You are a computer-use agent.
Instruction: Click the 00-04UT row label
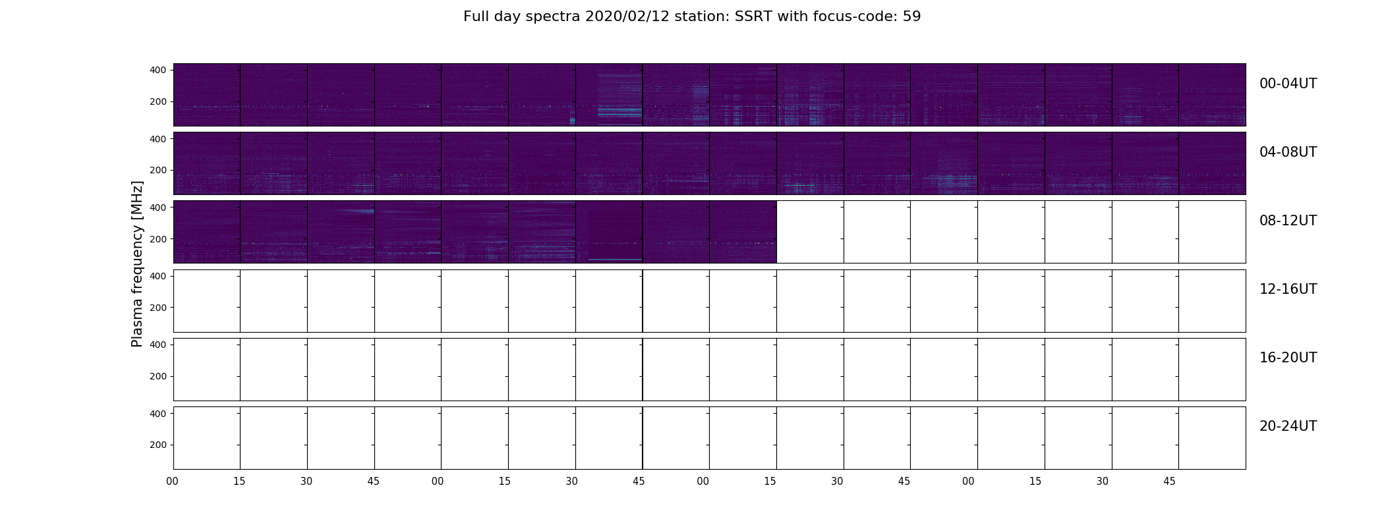point(1288,84)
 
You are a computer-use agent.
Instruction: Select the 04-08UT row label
point(1288,152)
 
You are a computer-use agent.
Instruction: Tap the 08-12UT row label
point(1288,221)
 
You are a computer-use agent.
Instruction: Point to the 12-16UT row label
point(1288,289)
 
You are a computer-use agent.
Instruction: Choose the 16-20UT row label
point(1288,358)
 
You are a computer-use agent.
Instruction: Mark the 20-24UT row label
point(1288,426)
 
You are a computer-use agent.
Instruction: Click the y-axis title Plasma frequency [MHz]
point(137,263)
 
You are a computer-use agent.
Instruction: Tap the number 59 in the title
point(912,16)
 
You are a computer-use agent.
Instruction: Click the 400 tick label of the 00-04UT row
point(159,70)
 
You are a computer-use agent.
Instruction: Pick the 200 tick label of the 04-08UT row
point(159,170)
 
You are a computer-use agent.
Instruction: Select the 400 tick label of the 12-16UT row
point(159,276)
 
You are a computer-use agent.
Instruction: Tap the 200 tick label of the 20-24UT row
point(159,445)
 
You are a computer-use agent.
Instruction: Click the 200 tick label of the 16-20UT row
point(159,376)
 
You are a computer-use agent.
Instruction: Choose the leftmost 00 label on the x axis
point(173,482)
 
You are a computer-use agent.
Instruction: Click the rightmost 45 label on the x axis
point(1169,482)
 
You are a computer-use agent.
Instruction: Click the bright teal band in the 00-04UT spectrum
point(620,109)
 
